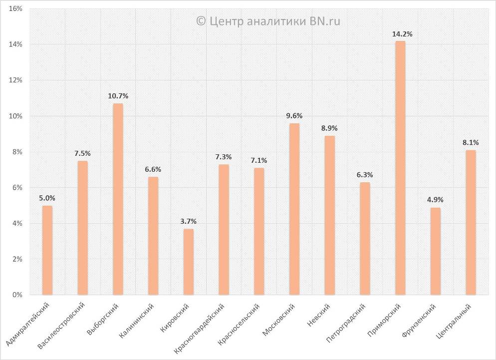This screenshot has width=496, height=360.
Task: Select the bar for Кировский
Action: [188, 262]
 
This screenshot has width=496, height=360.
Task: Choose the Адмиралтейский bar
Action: [47, 250]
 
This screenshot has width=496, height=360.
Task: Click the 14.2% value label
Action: [402, 34]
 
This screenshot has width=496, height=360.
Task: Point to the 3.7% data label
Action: [188, 221]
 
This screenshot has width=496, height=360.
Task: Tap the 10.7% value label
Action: [118, 95]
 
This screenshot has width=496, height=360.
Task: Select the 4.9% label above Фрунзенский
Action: [435, 200]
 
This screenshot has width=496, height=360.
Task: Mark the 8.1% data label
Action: [471, 142]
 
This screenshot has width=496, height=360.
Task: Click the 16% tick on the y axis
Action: [15, 8]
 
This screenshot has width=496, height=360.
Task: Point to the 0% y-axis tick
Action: [17, 295]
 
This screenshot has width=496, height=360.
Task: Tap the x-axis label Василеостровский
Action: [62, 325]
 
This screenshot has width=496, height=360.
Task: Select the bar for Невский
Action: [329, 215]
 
